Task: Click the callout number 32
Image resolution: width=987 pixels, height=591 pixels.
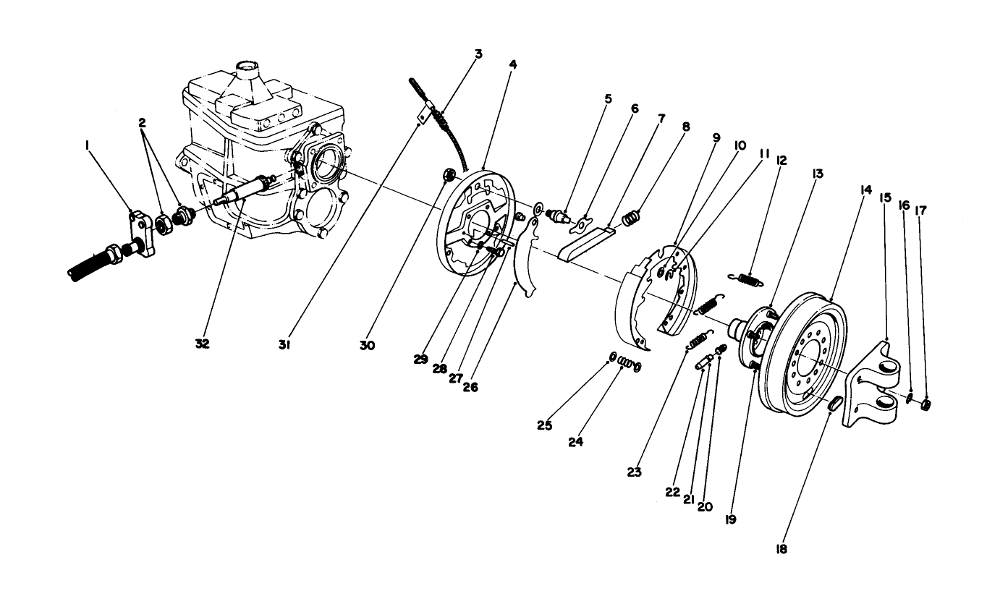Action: [202, 344]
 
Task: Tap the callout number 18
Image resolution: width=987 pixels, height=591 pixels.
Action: [781, 550]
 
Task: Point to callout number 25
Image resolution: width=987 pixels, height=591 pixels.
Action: [545, 425]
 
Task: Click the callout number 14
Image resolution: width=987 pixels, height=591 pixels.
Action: [865, 190]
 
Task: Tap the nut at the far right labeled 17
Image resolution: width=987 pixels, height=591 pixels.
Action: [925, 404]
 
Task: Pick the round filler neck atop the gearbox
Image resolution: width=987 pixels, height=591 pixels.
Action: [248, 72]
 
